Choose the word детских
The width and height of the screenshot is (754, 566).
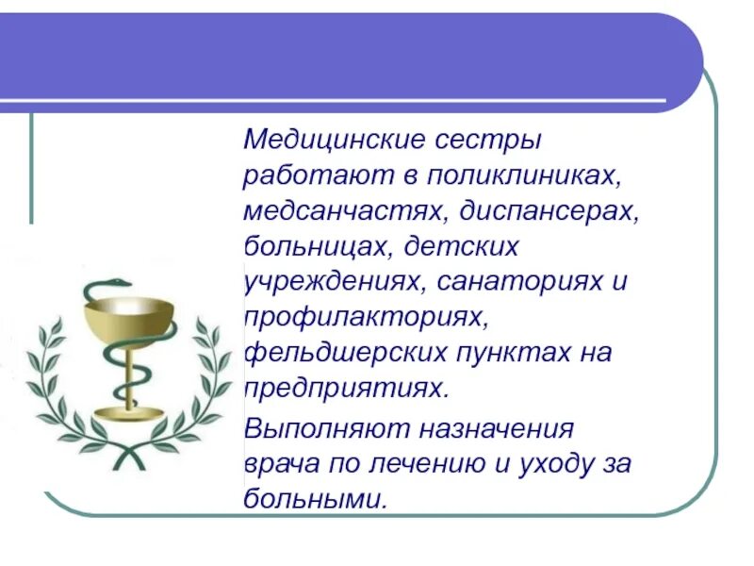pyautogui.click(x=462, y=247)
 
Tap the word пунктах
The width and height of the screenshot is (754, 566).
pyautogui.click(x=508, y=354)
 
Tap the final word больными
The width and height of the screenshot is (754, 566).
pyautogui.click(x=315, y=499)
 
